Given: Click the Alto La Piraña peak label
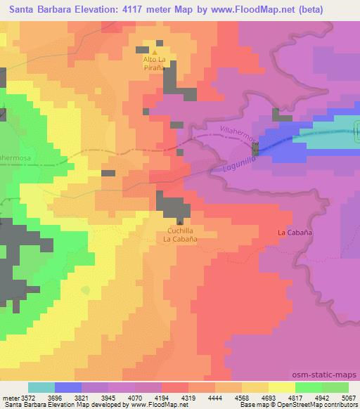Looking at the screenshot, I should click(x=155, y=63).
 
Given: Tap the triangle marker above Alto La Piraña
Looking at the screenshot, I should click(x=155, y=51).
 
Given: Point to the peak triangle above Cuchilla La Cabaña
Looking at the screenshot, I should click(x=180, y=221).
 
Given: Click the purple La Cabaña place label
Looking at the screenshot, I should click(x=295, y=232).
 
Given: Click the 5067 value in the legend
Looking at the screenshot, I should click(x=348, y=397).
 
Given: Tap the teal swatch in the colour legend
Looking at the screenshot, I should click(x=41, y=387).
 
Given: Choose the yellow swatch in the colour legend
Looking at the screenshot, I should click(x=281, y=387).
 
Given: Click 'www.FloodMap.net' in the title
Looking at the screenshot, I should click(x=253, y=8).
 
